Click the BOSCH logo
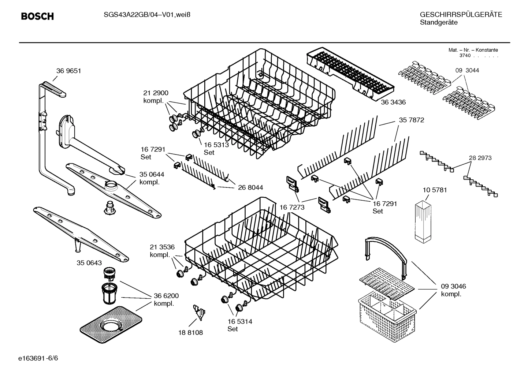[x=37, y=16]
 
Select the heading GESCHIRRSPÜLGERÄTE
[x=461, y=15]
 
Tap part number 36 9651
[x=68, y=71]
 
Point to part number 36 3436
[x=393, y=102]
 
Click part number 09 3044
[x=467, y=70]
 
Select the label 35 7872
[x=411, y=120]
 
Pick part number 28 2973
[x=480, y=158]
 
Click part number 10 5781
[x=435, y=190]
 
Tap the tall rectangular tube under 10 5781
[x=424, y=222]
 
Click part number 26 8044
[x=250, y=188]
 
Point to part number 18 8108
[x=190, y=332]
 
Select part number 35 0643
[x=89, y=263]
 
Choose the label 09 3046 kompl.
[x=453, y=290]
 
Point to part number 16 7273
[x=292, y=207]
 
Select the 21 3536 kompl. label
[x=162, y=250]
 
